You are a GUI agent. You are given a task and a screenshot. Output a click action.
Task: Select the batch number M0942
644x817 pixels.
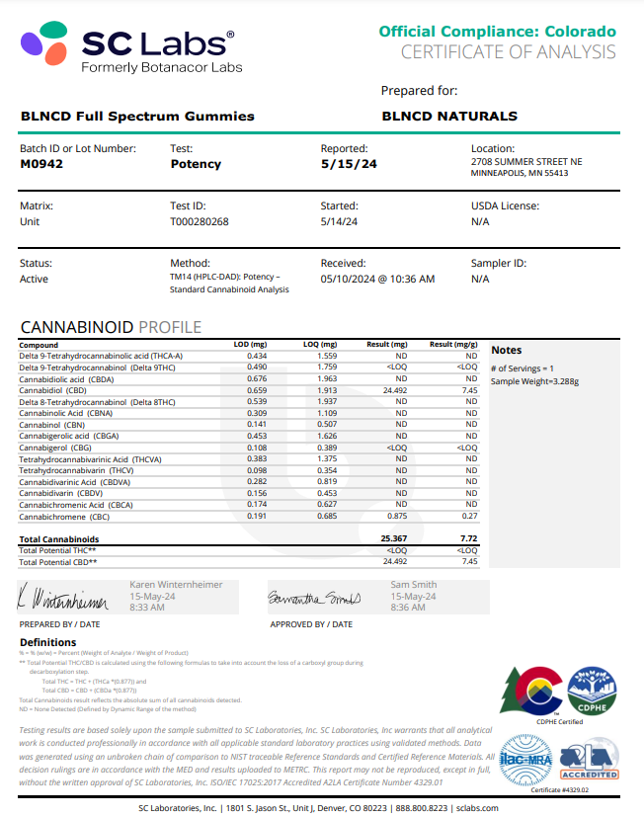coord(41,164)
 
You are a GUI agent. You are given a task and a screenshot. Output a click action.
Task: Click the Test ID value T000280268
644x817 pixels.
coord(200,221)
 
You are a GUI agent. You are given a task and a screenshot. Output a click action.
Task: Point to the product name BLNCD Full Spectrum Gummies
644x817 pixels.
coord(137,116)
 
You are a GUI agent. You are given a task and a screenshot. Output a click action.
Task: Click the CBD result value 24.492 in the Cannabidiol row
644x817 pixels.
coord(393,390)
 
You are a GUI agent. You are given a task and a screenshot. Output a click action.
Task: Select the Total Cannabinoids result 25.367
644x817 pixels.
coord(393,538)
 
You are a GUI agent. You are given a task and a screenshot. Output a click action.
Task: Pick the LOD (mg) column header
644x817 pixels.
coord(250,345)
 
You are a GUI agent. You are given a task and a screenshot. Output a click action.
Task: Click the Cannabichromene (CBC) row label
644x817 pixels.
coord(64,516)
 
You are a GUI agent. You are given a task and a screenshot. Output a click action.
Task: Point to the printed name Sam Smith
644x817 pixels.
coord(412,585)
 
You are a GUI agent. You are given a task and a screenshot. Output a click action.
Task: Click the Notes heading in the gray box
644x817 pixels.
coord(507,351)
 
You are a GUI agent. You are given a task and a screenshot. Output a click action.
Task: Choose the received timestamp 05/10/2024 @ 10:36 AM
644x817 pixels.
coord(377,279)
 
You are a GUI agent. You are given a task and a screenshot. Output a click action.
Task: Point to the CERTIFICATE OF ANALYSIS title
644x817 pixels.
coord(508,52)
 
